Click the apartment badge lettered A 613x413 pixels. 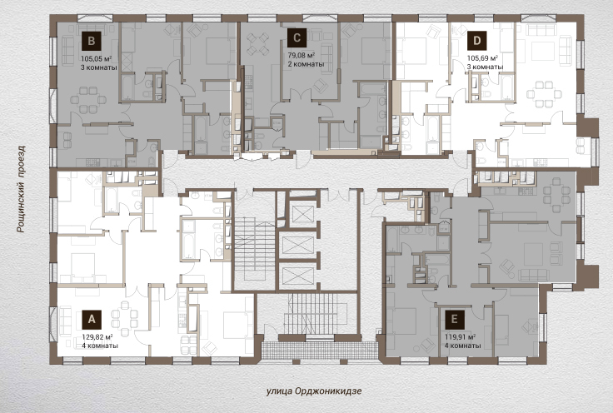click(92, 319)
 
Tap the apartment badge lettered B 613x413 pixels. click(91, 41)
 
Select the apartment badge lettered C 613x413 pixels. click(297, 38)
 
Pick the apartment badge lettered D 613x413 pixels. click(476, 41)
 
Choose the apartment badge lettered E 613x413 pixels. click(455, 319)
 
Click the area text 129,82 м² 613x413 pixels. click(97, 336)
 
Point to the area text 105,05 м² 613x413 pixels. click(97, 58)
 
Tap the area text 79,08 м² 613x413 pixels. click(302, 56)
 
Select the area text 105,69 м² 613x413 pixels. click(482, 58)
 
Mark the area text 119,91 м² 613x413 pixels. click(460, 336)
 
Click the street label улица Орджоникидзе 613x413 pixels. click(314, 391)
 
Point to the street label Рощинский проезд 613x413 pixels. click(21, 190)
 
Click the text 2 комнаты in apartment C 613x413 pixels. click(306, 64)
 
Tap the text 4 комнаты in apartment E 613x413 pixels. click(463, 346)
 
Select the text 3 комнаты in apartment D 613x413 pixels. click(486, 67)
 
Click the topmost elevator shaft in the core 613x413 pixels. click(303, 214)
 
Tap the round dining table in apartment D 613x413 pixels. click(544, 94)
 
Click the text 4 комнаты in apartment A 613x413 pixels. click(100, 346)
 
